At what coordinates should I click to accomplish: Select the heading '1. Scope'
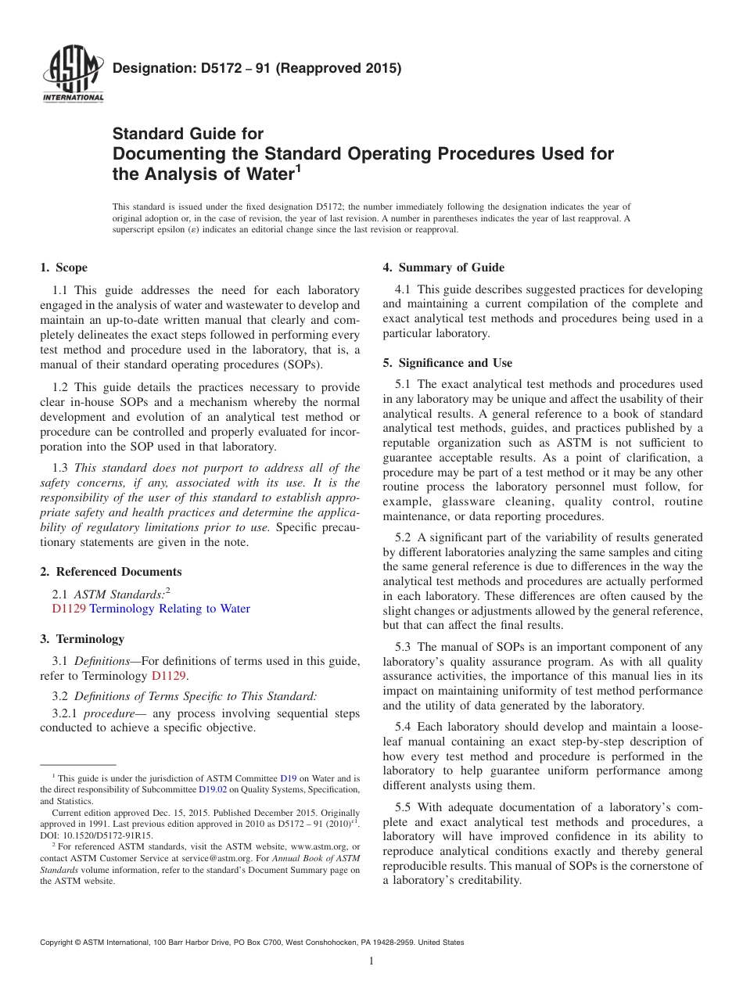click(64, 268)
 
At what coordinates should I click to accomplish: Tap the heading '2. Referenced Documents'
click(110, 572)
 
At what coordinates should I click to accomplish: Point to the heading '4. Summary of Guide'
click(443, 268)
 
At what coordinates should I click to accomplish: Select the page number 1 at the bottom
click(371, 961)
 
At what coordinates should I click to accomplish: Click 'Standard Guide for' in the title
click(188, 134)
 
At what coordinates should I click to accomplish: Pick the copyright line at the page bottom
click(252, 943)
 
